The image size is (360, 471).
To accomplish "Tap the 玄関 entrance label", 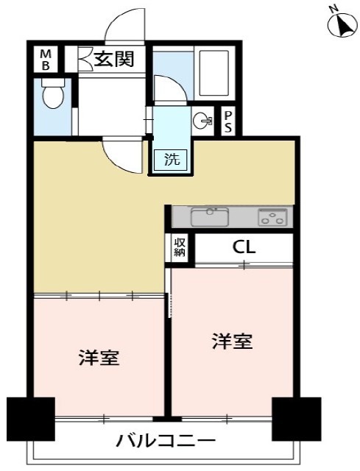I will [113, 59].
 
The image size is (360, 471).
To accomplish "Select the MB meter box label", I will [46, 58].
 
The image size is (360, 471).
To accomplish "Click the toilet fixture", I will [52, 96].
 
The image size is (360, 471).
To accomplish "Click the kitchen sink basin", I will [211, 216].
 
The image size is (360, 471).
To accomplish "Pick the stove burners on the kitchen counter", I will [272, 217].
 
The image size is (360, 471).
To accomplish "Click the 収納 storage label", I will [180, 247].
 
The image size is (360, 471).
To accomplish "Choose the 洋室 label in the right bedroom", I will [233, 341].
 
